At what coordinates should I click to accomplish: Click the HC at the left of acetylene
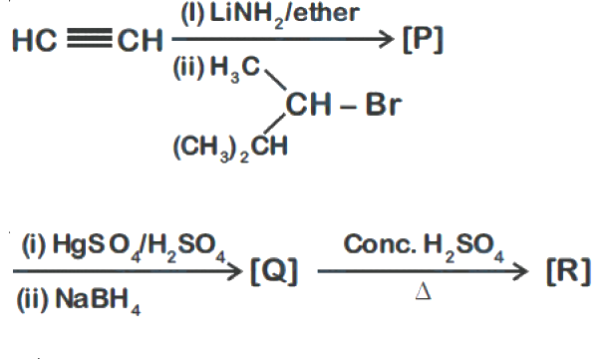pos(35,40)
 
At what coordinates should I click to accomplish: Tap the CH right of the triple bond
pos(140,40)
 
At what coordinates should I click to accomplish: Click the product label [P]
pos(423,40)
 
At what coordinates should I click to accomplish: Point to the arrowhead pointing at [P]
pos(387,39)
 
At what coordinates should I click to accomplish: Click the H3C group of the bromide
pos(235,69)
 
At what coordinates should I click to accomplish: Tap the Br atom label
pos(384,104)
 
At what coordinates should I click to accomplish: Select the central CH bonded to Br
pos(309,104)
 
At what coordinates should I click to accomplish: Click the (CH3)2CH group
pos(230,148)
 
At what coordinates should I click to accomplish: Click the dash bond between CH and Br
pos(348,107)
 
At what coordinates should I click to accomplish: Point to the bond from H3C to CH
pos(275,80)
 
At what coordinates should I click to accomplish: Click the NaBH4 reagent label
pos(98,300)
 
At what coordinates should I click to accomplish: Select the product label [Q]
pos(274,271)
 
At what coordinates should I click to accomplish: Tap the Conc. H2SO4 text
pos(424,245)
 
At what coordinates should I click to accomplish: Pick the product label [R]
pos(568,271)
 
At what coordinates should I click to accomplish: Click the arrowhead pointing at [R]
pos(520,271)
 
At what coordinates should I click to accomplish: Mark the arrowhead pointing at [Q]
pos(235,271)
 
